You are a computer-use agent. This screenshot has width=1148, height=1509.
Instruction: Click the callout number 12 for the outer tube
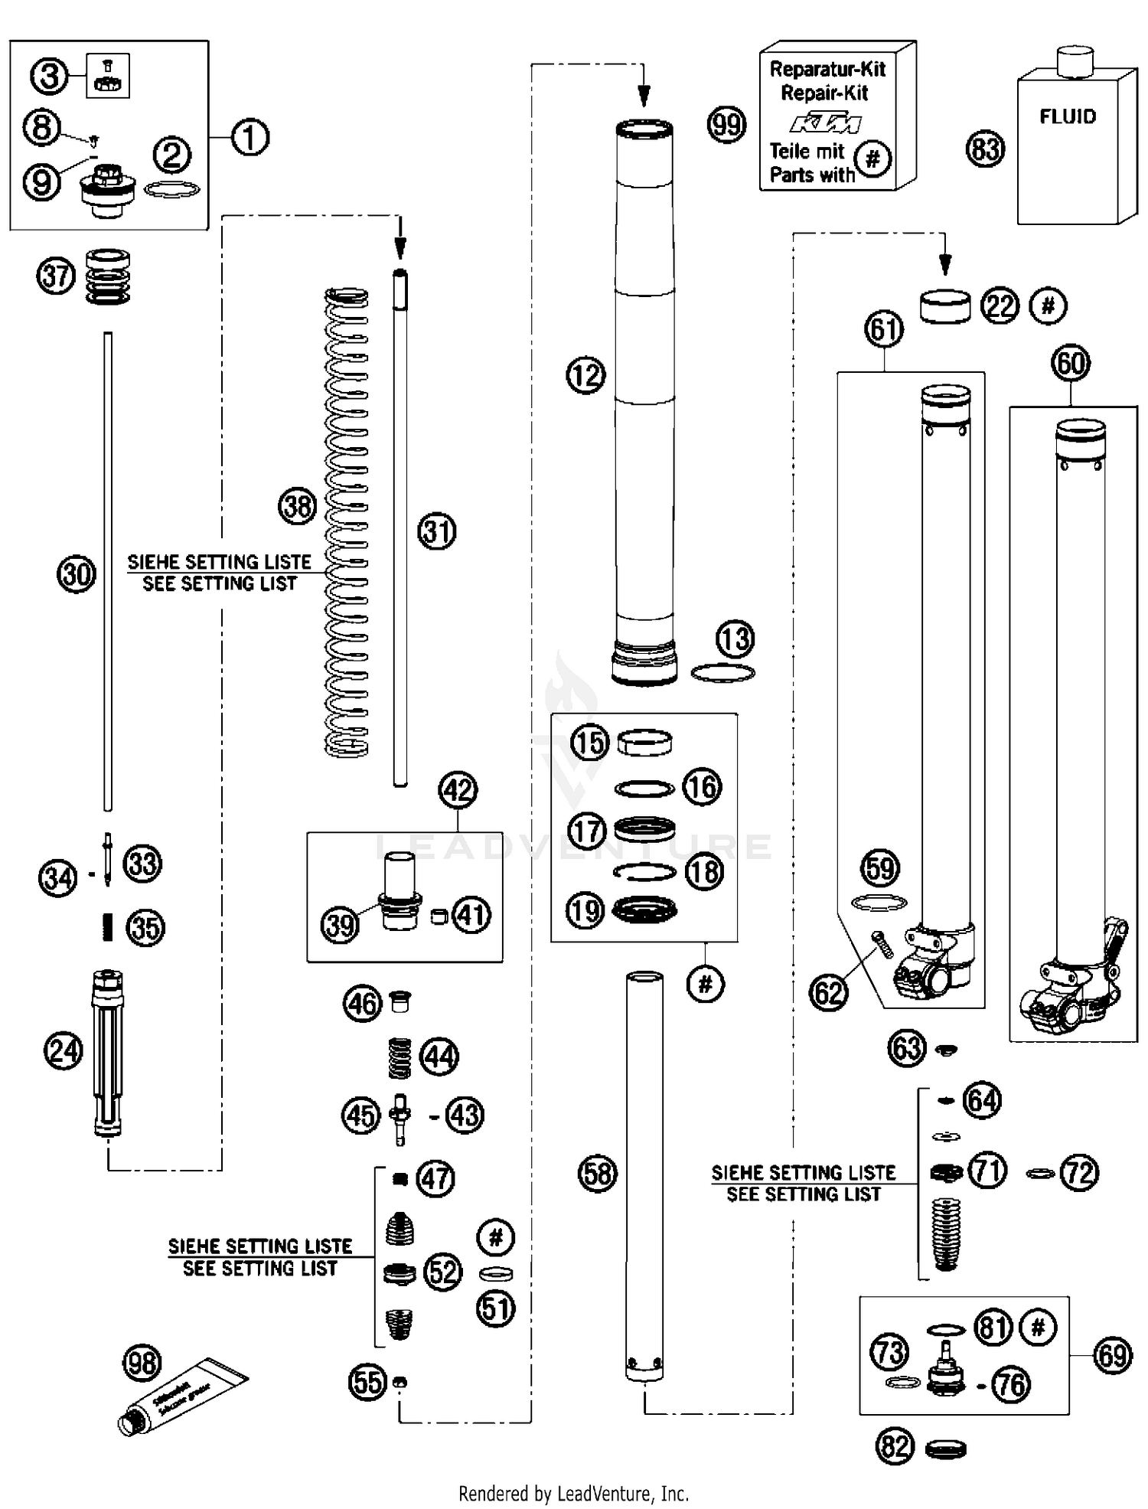tap(585, 375)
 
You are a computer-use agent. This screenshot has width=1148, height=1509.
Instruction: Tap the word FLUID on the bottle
tap(1067, 117)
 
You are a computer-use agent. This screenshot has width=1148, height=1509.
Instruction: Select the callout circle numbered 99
tap(726, 124)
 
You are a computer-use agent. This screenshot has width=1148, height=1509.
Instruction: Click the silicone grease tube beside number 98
tap(184, 1396)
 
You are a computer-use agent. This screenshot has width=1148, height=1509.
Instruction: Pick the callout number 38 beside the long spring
tap(297, 506)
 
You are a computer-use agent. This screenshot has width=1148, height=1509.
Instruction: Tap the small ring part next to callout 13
tap(722, 673)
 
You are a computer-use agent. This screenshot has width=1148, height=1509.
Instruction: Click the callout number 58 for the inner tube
tap(597, 1173)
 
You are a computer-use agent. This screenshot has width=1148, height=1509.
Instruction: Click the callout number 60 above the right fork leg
tap(1070, 363)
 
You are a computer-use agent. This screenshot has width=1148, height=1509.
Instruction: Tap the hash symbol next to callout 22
tap(1048, 305)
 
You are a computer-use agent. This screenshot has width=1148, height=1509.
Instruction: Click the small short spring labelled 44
tap(399, 1057)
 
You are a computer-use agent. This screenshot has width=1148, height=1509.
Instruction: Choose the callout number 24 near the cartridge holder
tap(63, 1050)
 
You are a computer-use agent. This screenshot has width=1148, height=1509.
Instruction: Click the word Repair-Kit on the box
tap(824, 93)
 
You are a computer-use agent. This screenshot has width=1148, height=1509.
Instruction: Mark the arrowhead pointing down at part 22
tap(944, 265)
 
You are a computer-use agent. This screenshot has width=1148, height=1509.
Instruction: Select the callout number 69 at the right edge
tap(1111, 1354)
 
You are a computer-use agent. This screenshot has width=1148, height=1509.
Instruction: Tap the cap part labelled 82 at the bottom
tap(945, 1449)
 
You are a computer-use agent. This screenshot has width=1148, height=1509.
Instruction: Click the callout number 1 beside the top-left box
tap(249, 138)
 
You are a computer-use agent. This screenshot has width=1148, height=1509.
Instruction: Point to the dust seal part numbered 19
tap(644, 910)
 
